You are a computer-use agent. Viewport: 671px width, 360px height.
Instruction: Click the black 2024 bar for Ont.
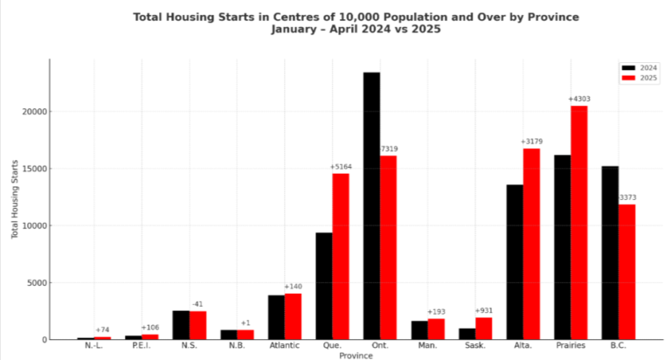pyautogui.click(x=371, y=205)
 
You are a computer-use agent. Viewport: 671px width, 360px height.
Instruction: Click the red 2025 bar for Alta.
pyautogui.click(x=531, y=244)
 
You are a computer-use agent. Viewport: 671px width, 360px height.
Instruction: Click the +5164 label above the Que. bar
pyautogui.click(x=341, y=167)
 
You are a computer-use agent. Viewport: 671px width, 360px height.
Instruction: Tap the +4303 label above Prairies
pyautogui.click(x=579, y=99)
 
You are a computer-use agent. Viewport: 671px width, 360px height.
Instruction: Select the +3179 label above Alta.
pyautogui.click(x=531, y=142)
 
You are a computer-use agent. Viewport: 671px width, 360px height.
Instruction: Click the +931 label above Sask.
pyautogui.click(x=484, y=311)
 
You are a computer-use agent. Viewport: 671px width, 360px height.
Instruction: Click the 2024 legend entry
pyautogui.click(x=640, y=68)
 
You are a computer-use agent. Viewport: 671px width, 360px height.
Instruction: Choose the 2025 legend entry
pyautogui.click(x=640, y=78)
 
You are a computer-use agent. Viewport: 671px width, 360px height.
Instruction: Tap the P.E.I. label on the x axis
pyautogui.click(x=142, y=346)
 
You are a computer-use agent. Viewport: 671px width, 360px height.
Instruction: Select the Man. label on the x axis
pyautogui.click(x=428, y=346)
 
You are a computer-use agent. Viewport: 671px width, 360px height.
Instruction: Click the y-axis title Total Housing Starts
pyautogui.click(x=15, y=199)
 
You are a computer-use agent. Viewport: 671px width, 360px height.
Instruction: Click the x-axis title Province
pyautogui.click(x=356, y=355)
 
